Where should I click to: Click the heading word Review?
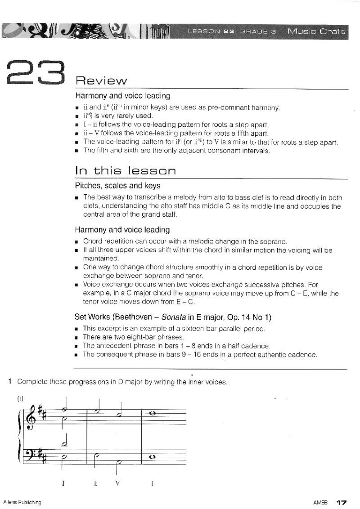click(101, 81)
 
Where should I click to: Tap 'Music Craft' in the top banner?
click(317, 31)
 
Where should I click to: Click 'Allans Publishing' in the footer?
click(22, 501)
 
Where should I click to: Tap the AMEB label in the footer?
click(320, 501)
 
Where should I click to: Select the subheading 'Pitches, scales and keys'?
click(117, 186)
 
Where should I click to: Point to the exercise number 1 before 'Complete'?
click(10, 382)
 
